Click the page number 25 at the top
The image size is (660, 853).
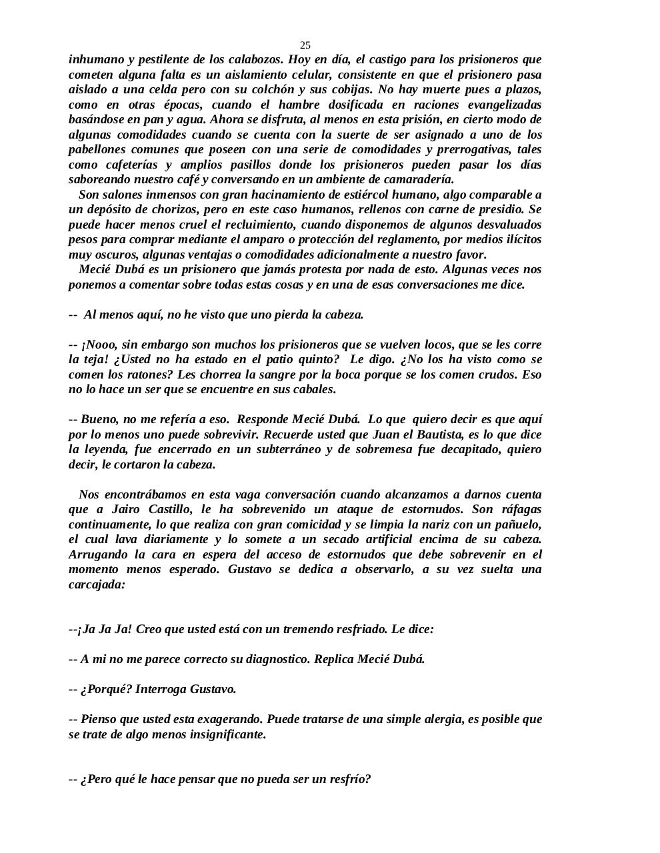(x=305, y=45)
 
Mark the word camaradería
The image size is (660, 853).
(x=421, y=179)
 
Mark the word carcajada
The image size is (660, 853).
(x=96, y=584)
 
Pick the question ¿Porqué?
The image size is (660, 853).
(x=106, y=689)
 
